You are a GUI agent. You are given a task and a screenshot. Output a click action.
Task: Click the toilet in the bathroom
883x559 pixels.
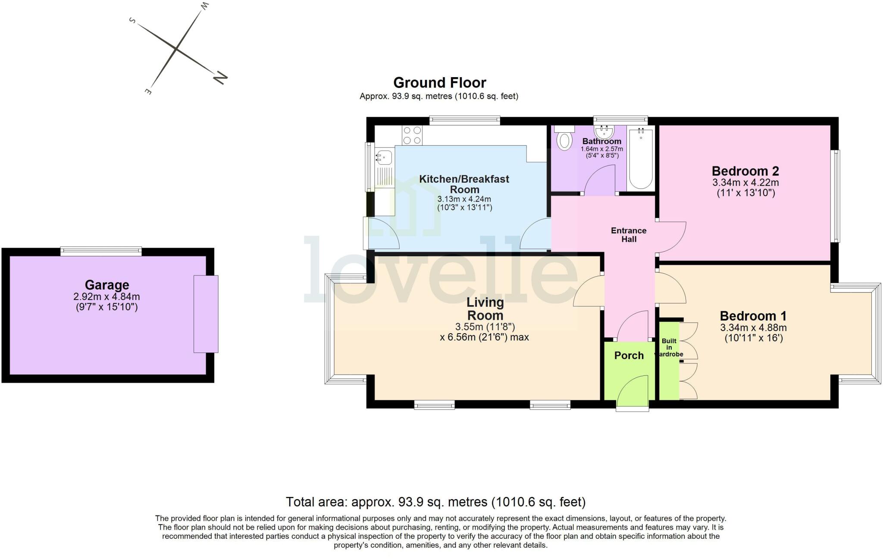point(564,141)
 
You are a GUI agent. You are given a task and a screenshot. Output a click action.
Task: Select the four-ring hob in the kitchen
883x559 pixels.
point(412,135)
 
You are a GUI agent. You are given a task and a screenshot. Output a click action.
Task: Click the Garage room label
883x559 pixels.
point(107,285)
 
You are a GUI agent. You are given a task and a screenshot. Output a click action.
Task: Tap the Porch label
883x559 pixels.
point(629,356)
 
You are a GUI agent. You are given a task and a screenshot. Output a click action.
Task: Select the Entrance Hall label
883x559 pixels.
point(629,235)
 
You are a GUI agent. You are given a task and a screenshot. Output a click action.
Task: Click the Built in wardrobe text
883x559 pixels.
point(669,347)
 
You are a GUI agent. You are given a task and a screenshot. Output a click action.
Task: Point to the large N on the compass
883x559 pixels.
point(220,78)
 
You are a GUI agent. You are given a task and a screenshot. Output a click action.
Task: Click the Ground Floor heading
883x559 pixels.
point(439,82)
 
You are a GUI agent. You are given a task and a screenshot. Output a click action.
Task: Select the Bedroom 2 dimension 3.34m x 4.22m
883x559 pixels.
point(745,182)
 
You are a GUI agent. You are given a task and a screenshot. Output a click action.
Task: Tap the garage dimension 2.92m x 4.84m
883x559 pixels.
point(106,297)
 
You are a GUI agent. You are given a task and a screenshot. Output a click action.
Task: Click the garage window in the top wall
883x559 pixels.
point(101,251)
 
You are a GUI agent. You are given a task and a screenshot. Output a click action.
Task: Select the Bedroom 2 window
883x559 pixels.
point(836,196)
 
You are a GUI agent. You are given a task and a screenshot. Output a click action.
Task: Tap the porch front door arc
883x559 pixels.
point(632,390)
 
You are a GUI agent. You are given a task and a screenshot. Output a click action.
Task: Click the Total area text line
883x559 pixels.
point(435,502)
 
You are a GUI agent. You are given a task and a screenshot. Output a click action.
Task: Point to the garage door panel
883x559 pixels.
point(206,314)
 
